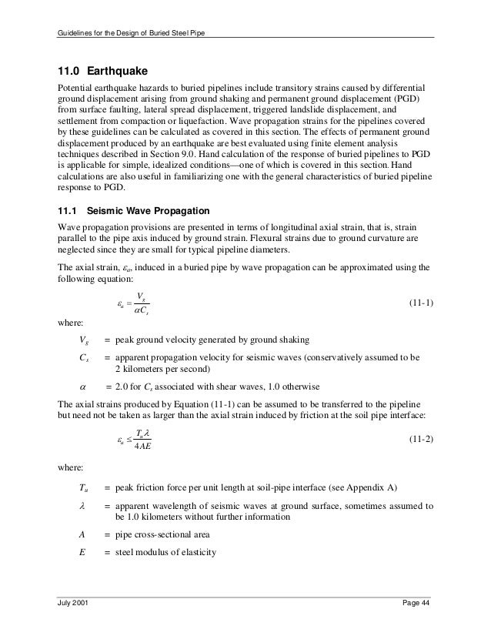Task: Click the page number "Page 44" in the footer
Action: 417,609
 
